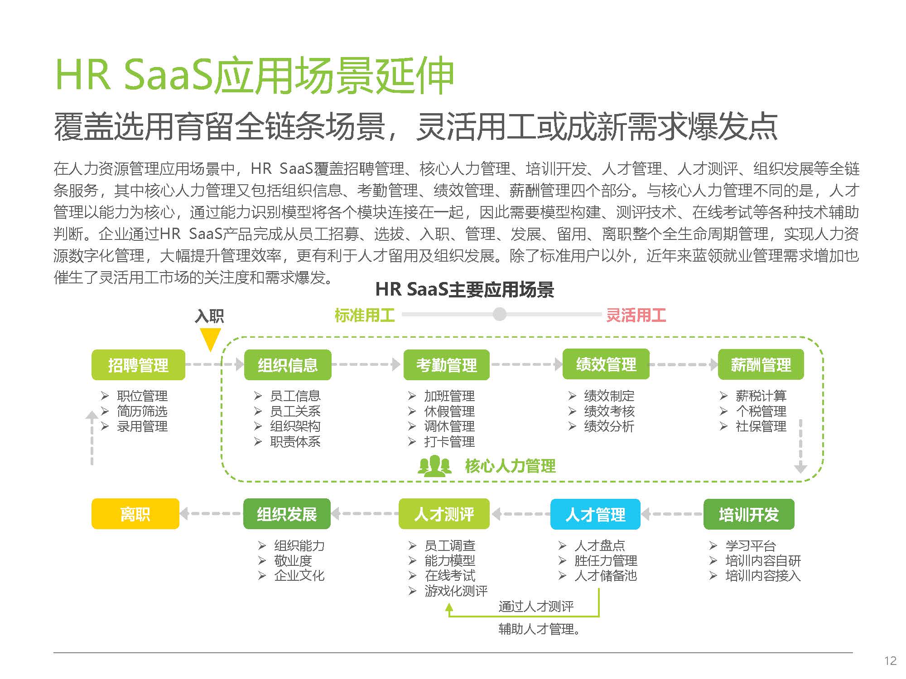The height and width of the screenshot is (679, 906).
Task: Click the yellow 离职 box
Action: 135,514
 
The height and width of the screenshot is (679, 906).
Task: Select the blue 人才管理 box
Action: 595,514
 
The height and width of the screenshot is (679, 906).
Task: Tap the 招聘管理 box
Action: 138,365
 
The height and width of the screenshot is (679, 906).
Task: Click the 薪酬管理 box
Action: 761,364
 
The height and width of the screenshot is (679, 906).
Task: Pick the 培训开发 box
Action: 749,514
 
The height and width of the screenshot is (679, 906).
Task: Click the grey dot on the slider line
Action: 500,314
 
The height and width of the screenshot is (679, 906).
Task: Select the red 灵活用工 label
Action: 636,316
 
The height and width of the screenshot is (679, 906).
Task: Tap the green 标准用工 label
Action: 365,316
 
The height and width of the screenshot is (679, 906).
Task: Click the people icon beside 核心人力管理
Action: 434,466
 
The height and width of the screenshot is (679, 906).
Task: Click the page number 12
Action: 890,661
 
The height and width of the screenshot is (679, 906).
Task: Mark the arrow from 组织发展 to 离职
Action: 210,514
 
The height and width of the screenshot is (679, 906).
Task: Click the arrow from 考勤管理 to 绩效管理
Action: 526,364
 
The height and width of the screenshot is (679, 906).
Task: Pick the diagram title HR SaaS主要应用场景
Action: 465,290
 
